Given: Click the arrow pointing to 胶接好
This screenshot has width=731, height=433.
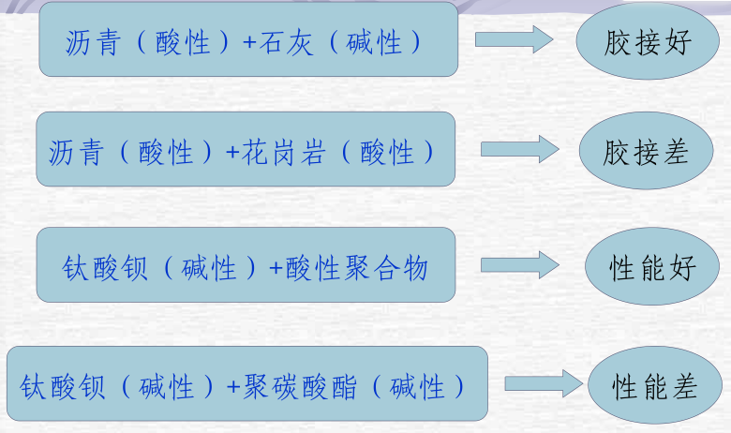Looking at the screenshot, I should [514, 39].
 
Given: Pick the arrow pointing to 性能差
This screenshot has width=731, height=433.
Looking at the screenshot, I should [543, 382].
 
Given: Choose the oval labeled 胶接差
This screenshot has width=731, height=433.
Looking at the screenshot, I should [646, 152].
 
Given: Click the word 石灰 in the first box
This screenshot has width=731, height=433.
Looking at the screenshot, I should [296, 42].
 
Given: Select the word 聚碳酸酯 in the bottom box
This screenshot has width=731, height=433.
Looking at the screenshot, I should [302, 386].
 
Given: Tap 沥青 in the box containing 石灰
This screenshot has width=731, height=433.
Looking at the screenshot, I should [91, 42].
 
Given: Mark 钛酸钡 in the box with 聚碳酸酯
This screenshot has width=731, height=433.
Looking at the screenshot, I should [60, 386].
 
